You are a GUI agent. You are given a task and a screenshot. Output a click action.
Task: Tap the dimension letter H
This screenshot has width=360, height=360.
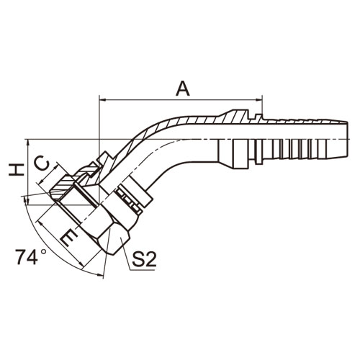(17, 170)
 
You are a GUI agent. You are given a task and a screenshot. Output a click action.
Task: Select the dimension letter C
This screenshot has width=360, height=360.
(42, 163)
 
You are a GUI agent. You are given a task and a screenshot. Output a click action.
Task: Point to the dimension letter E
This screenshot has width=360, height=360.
(69, 239)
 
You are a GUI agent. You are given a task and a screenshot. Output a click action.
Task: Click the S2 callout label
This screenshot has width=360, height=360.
(144, 258)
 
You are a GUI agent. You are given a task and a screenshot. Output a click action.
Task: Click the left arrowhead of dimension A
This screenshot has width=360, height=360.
(103, 99)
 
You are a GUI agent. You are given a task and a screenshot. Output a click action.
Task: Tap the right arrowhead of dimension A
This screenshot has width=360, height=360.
(258, 99)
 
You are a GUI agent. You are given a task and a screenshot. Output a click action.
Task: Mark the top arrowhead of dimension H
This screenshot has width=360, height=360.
(28, 143)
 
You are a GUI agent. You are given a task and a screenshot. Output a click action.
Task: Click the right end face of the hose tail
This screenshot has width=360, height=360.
(348, 140)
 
